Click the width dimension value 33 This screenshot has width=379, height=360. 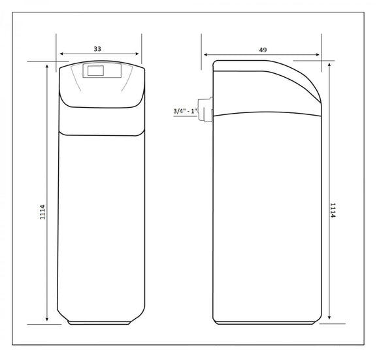point(97,49)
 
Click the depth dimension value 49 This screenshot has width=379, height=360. point(263,50)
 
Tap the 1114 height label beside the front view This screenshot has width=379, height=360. point(42,212)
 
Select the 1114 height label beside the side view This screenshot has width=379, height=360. point(333,210)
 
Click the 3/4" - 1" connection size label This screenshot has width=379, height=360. point(186,111)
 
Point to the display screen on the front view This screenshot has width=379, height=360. point(95,71)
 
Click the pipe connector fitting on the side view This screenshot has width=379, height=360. point(205,109)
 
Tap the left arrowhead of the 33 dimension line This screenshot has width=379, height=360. point(61,54)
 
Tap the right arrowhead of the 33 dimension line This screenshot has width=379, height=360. point(137,54)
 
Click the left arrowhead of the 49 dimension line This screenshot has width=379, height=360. point(206,55)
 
